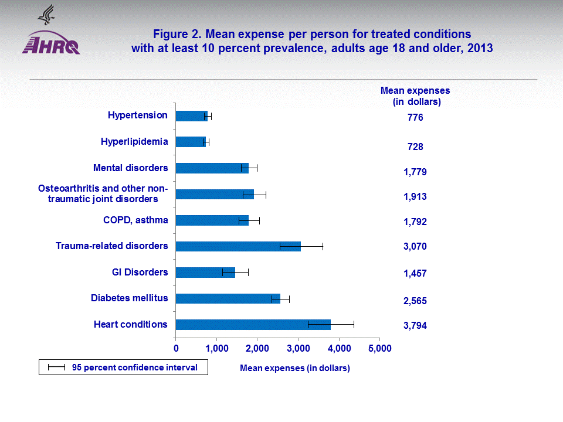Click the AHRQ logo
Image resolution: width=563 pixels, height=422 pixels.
point(50,43)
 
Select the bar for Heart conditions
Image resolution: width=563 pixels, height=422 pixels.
point(253,325)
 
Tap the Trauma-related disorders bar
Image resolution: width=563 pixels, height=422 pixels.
point(238,246)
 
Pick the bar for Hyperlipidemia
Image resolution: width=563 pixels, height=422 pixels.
point(190,142)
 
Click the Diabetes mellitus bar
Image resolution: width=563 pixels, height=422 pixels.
point(228,299)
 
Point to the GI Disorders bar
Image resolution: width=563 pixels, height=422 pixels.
point(205,273)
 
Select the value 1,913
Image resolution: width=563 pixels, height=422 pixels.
point(415,197)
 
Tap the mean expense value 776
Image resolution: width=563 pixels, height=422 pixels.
point(415,118)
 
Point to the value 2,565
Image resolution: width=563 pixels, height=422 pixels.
point(415,301)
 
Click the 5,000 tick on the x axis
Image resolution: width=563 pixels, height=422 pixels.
point(379,349)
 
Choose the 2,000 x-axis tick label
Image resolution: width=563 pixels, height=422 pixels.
point(257,349)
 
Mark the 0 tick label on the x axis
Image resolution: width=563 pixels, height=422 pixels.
point(176,349)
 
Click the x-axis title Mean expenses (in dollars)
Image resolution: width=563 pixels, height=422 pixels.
point(294,368)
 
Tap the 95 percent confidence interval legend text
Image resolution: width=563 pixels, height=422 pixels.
point(135,367)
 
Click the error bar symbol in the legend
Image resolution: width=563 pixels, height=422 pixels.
point(56,367)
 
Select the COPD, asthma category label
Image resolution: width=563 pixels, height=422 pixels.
point(135,220)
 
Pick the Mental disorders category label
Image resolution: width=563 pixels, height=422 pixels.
point(131,168)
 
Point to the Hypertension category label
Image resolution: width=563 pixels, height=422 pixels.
point(138,115)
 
